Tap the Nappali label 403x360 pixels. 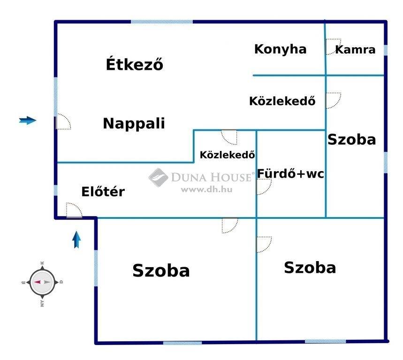tap(134, 123)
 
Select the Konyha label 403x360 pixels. tap(281, 50)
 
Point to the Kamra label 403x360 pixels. tap(356, 50)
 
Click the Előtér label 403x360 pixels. tap(103, 192)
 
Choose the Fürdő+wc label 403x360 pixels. tap(290, 173)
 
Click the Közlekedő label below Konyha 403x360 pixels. tap(282, 101)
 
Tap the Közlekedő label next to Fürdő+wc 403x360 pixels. tap(228, 155)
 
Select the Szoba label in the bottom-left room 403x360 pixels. tap(161, 270)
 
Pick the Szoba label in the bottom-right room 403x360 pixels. tap(310, 268)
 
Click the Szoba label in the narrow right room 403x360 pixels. tap(351, 140)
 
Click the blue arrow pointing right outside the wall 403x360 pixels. tap(28, 120)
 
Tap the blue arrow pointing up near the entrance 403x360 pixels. tap(76, 240)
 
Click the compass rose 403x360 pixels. tap(42, 282)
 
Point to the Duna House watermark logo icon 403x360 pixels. tap(158, 178)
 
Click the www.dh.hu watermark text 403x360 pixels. tap(206, 190)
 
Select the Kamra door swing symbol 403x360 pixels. tap(333, 46)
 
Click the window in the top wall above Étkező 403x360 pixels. tap(162, 22)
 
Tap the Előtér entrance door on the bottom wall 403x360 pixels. tap(74, 210)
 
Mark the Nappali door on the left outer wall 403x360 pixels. tap(63, 121)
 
